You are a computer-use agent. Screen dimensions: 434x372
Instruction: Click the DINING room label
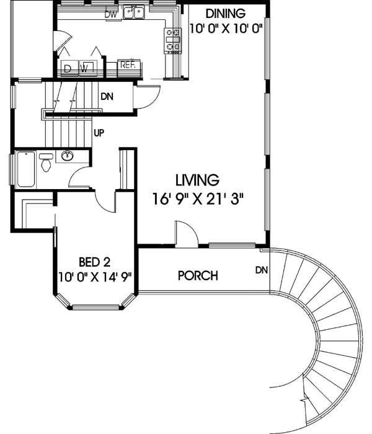[x=226, y=13]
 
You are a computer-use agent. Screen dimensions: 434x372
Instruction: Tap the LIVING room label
[x=197, y=180]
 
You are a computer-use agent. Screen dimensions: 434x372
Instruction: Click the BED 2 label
[x=96, y=262]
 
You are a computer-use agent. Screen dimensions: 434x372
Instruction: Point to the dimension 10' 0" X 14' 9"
[x=96, y=276]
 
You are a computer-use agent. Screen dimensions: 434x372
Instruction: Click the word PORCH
[x=198, y=275]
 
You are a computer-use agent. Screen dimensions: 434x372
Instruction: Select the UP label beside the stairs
[x=98, y=132]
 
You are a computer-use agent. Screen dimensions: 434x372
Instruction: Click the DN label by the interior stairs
[x=107, y=97]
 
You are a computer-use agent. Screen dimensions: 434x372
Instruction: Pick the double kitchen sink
[x=134, y=12]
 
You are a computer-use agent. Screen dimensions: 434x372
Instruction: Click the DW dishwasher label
[x=111, y=14]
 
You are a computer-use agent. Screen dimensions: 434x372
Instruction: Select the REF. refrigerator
[x=129, y=64]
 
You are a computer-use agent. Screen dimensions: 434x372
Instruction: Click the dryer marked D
[x=68, y=68]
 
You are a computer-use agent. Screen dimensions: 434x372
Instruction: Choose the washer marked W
[x=87, y=68]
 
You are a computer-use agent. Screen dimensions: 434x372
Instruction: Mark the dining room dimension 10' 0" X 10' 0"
[x=226, y=27]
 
